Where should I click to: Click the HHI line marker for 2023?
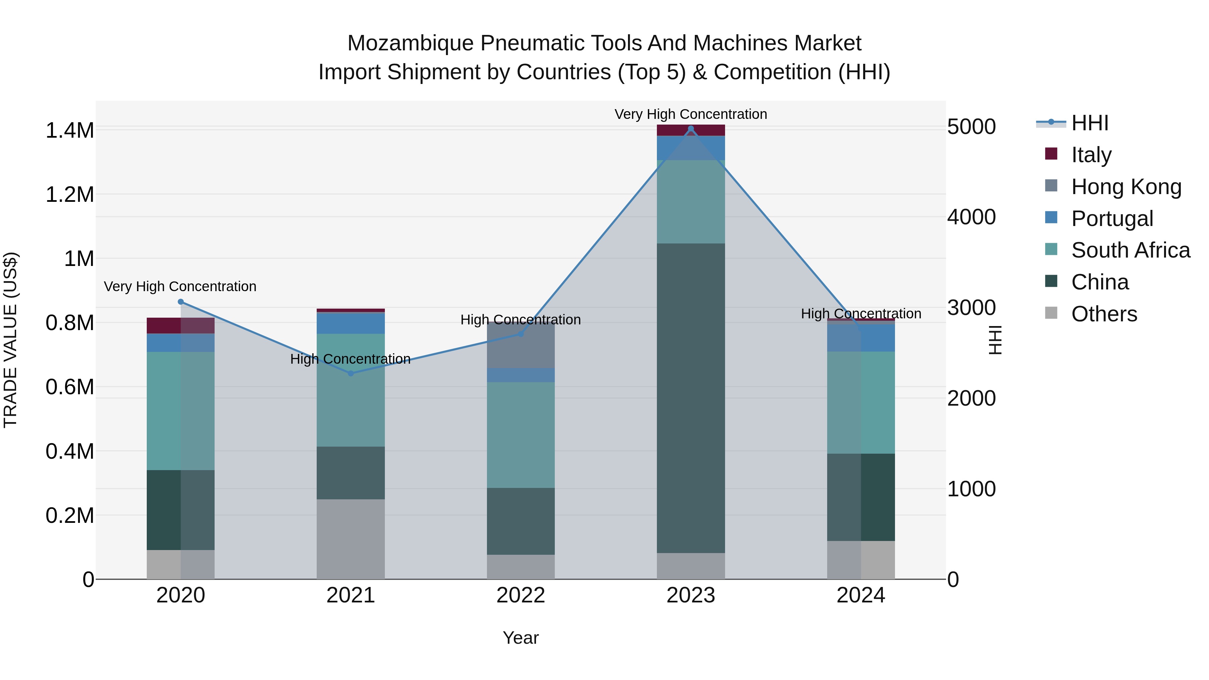click(x=690, y=129)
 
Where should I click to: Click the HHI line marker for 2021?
click(x=351, y=373)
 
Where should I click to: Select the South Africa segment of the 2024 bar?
click(x=861, y=402)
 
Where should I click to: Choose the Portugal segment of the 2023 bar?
click(x=690, y=148)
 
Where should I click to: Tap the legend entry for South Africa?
click(x=1130, y=250)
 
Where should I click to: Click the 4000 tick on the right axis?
click(x=971, y=217)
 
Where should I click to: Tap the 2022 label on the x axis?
click(x=521, y=595)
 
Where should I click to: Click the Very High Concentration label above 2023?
click(x=690, y=114)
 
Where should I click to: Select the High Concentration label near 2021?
click(x=350, y=359)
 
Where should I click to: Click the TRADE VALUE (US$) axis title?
click(x=10, y=340)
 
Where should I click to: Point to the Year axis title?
click(x=521, y=638)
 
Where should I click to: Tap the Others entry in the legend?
click(x=1104, y=314)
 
